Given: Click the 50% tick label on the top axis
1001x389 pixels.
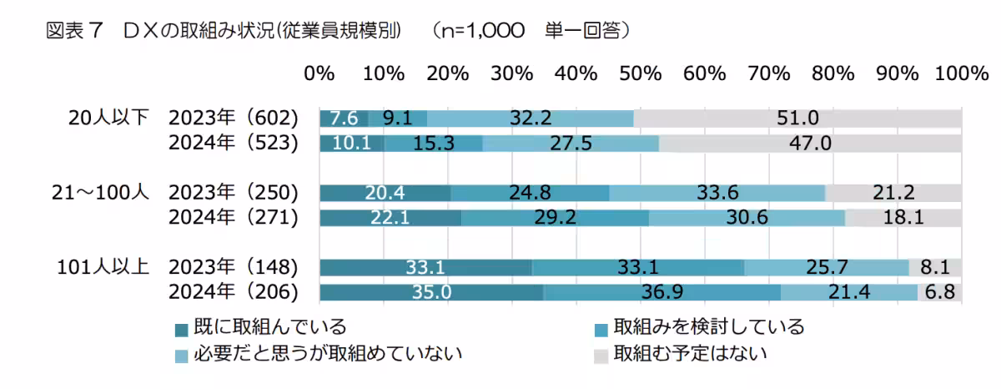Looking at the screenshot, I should (x=640, y=73).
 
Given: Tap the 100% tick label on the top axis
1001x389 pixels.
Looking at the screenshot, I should (x=961, y=73).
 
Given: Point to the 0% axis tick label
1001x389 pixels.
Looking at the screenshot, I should (x=319, y=73).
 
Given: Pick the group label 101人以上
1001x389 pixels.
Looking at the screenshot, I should (x=103, y=268).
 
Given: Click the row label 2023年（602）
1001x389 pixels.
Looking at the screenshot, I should (x=233, y=118).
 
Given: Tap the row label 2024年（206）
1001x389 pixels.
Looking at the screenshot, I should (x=233, y=293).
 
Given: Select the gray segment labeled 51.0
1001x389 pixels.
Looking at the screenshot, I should (x=797, y=118).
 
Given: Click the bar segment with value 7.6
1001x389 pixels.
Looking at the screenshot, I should (x=344, y=118).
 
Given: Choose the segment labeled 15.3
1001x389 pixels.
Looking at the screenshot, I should (x=433, y=143).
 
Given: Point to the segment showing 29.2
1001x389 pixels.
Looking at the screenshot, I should (x=555, y=218).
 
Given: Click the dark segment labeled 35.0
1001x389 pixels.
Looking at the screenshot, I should (x=431, y=293).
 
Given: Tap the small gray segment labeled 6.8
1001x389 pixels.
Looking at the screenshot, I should (x=940, y=293).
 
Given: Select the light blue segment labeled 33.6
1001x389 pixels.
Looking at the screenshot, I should (x=717, y=193).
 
